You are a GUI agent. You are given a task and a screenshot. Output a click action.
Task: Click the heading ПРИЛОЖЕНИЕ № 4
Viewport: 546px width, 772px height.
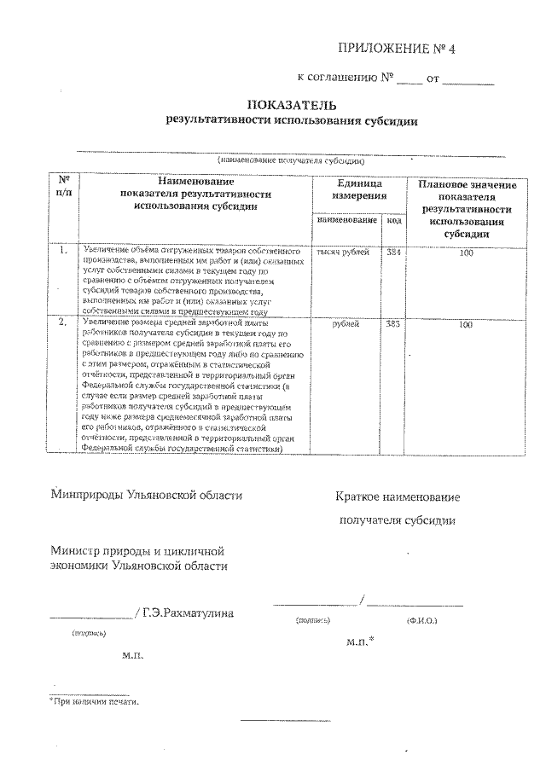tap(398, 48)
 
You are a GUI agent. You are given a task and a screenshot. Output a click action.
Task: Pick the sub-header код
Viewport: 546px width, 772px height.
tap(393, 219)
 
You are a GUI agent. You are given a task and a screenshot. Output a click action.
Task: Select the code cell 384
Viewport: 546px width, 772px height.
tap(393, 252)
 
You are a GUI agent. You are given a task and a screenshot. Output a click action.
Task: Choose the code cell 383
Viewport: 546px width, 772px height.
tap(393, 324)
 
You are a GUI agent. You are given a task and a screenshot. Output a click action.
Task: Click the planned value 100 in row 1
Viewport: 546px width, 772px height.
tap(466, 253)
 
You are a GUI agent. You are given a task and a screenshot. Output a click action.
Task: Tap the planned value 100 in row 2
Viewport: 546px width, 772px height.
tap(466, 325)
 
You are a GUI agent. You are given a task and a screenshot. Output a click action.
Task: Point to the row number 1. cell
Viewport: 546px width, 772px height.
tap(63, 252)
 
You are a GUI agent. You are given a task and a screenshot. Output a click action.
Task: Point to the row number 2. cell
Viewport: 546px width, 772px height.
tap(63, 323)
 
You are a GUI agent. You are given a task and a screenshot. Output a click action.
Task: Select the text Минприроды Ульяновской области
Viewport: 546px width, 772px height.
tap(146, 494)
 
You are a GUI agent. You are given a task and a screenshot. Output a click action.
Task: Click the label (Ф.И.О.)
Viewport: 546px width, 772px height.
tap(422, 621)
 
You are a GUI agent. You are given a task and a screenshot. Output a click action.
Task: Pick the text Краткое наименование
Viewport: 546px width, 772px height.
tap(398, 496)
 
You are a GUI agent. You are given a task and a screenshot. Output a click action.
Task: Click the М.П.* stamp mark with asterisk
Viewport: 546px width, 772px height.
tap(361, 639)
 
